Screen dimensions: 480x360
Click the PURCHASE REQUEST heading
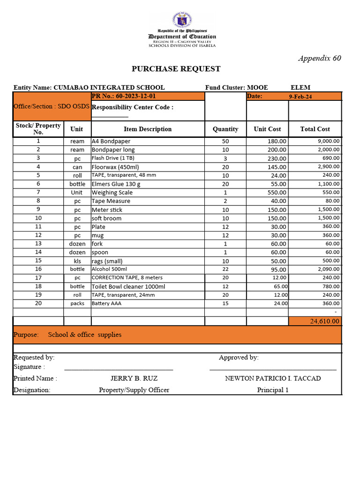176,69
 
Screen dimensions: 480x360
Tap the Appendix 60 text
320,58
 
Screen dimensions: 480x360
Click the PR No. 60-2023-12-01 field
124,96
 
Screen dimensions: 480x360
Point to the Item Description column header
148,129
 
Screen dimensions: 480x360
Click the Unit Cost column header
267,129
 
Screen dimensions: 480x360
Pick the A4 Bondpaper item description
111,141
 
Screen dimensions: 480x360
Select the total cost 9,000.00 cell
329,141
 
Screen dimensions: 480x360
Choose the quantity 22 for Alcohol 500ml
225,270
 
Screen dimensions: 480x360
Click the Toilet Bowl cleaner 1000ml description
128,286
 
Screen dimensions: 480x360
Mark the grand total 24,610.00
325,321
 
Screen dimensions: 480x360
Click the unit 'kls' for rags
77,261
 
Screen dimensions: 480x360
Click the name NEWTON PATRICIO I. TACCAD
273,378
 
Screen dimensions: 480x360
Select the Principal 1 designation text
273,390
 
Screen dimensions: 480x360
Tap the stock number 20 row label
38,303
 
